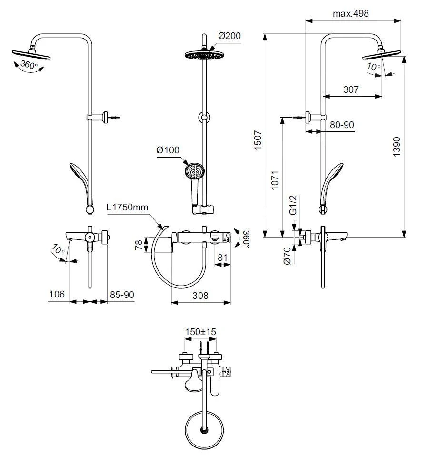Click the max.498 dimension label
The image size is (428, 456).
click(x=350, y=13)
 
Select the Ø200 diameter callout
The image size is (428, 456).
click(x=229, y=36)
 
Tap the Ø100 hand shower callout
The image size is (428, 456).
click(x=168, y=150)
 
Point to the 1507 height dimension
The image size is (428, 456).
click(x=258, y=140)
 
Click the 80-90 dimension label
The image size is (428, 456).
click(x=342, y=125)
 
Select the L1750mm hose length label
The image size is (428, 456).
click(x=128, y=208)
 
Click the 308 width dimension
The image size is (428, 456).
click(x=200, y=296)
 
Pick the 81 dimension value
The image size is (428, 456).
click(x=222, y=258)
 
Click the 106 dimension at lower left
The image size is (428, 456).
click(x=57, y=295)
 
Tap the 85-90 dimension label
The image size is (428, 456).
click(x=122, y=295)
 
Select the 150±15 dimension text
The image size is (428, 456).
click(x=200, y=332)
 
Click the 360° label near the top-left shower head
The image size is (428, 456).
click(x=30, y=65)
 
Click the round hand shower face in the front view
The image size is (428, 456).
click(x=194, y=170)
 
